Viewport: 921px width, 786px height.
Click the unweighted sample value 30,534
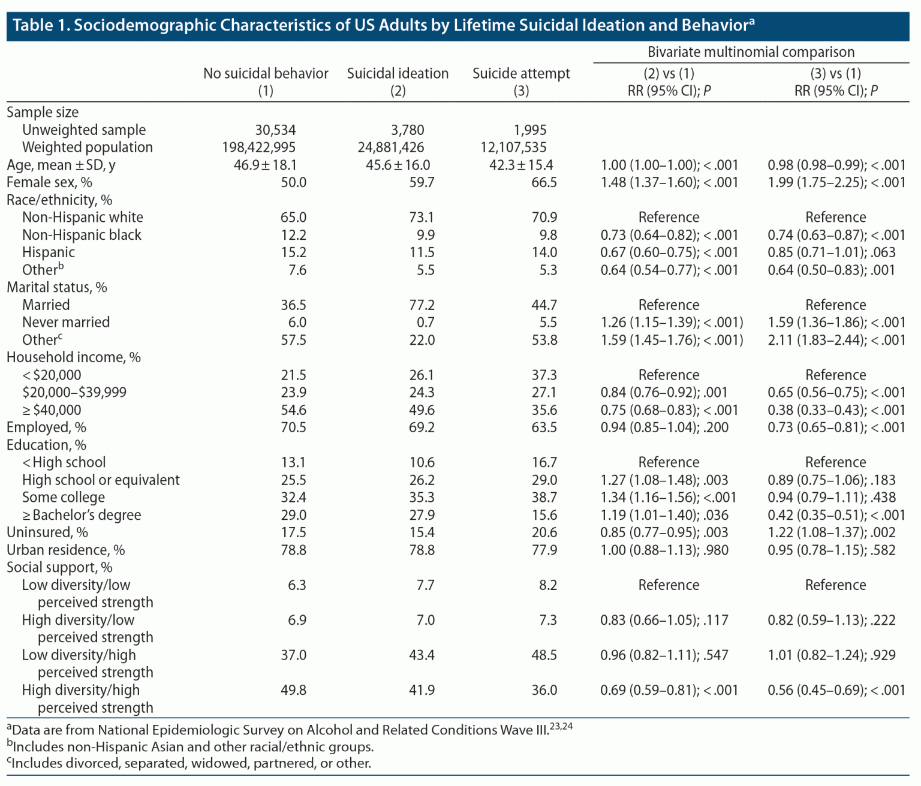[x=275, y=130]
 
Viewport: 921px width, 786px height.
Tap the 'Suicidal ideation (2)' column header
[x=398, y=82]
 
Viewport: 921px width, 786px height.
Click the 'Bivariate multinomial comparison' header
[x=751, y=52]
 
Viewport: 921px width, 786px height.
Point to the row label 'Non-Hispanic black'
[x=82, y=235]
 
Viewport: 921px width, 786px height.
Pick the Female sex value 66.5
[x=544, y=182]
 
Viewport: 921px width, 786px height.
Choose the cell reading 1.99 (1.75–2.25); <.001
[x=836, y=182]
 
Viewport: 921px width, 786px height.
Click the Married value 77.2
[x=422, y=305]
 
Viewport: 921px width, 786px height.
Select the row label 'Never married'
[x=66, y=323]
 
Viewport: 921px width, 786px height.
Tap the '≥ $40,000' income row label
[x=52, y=410]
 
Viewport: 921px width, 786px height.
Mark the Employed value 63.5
[x=544, y=427]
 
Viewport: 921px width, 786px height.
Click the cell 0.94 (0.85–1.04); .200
[x=664, y=427]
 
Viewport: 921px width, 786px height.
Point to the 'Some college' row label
[x=64, y=498]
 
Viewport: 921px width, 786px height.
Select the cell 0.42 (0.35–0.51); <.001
[x=836, y=515]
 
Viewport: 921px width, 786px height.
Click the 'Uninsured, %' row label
[x=47, y=532]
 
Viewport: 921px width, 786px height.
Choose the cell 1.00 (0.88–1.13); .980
[x=664, y=550]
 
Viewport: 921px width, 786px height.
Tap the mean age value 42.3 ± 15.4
[x=521, y=165]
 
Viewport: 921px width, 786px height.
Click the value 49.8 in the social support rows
[x=293, y=690]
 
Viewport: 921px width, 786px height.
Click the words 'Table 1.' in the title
[x=40, y=25]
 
